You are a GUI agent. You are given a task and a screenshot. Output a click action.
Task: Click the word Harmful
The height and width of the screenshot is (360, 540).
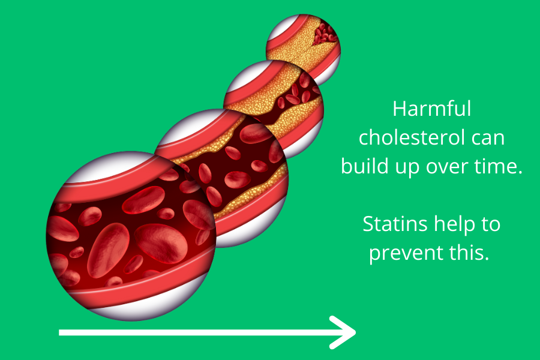(431, 109)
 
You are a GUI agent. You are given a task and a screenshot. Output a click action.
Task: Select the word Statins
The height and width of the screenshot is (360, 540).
(395, 224)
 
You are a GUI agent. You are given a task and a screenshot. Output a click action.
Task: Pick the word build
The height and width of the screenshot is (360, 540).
(365, 166)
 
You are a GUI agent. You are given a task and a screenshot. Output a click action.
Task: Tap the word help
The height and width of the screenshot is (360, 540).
(455, 224)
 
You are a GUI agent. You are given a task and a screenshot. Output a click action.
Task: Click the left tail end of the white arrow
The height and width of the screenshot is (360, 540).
(59, 332)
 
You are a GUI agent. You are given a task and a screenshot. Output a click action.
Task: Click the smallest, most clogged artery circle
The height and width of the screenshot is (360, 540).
(304, 48)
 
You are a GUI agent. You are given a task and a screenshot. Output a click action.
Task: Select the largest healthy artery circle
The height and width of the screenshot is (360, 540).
(131, 236)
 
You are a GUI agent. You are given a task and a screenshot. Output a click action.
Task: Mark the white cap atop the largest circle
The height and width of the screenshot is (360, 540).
(113, 166)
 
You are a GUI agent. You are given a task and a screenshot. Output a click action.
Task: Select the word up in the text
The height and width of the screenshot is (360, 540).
(407, 168)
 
